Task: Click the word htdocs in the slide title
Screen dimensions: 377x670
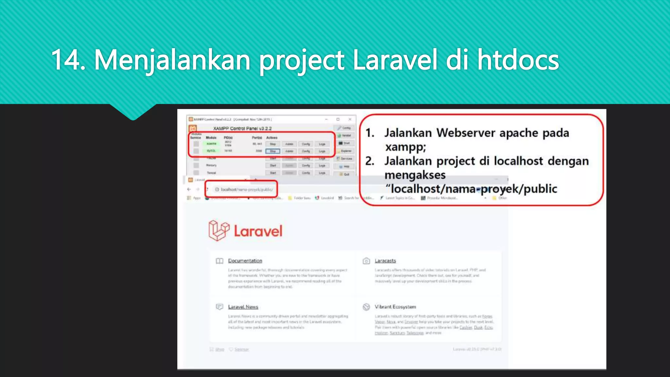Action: point(518,60)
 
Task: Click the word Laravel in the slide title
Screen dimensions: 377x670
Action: point(395,60)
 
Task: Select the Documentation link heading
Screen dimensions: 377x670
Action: point(245,261)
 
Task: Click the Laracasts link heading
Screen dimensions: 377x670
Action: point(385,261)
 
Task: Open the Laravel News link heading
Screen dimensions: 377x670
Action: point(243,307)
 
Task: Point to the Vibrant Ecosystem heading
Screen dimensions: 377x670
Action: point(395,307)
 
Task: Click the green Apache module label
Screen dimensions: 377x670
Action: point(211,144)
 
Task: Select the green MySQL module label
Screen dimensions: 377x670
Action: point(211,151)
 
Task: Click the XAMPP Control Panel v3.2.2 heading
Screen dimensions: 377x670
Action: point(242,128)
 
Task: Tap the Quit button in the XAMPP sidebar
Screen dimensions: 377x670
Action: point(345,174)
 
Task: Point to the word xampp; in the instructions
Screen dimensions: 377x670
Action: point(406,147)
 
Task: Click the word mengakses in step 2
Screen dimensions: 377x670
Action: point(415,175)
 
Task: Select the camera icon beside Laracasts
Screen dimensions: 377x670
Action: point(366,261)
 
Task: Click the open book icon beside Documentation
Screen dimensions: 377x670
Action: point(220,261)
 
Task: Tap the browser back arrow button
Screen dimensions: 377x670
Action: point(189,189)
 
